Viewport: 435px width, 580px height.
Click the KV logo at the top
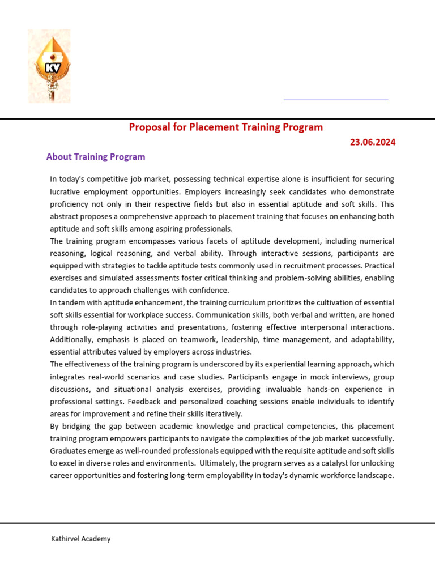coord(49,66)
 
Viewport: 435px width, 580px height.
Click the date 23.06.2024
coord(372,142)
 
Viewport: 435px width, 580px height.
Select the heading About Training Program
coord(96,157)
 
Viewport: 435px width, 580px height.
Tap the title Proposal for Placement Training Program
coord(225,127)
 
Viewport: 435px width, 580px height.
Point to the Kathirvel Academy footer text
coord(80,539)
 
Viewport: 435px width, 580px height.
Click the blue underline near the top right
coord(335,100)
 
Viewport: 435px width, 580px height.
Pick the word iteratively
coord(222,414)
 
